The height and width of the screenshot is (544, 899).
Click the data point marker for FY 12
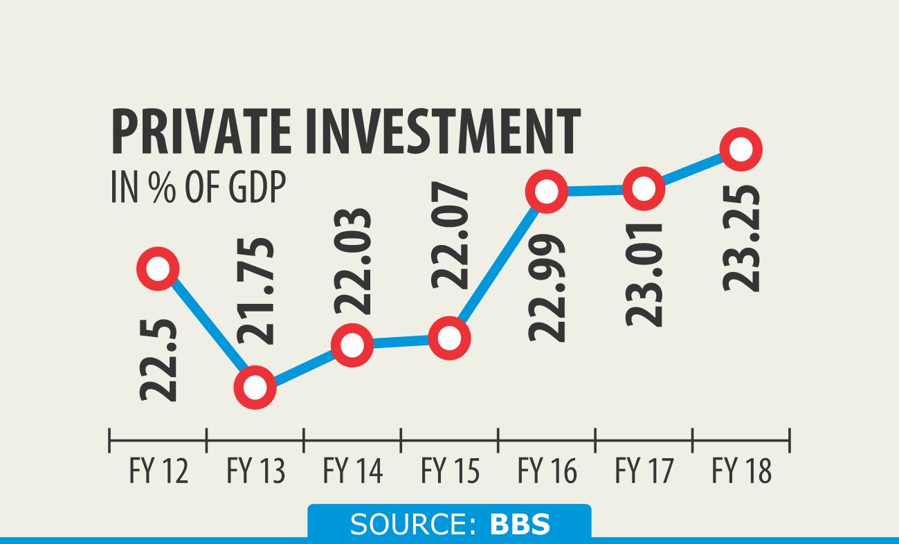[158, 269]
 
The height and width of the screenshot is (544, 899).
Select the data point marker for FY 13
[255, 388]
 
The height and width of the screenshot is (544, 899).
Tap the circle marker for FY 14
[352, 344]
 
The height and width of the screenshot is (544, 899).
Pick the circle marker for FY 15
[449, 338]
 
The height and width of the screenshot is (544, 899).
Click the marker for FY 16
[546, 190]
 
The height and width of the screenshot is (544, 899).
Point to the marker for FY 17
[644, 188]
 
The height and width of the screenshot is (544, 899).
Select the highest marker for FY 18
[741, 149]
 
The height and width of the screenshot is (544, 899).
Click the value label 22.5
[158, 360]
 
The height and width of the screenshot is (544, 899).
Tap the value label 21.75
[255, 291]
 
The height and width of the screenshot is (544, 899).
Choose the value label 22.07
[450, 235]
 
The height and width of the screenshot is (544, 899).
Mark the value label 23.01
[644, 273]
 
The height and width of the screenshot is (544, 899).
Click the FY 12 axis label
[158, 472]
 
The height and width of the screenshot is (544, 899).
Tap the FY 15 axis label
[450, 472]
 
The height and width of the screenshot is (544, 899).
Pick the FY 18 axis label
[741, 472]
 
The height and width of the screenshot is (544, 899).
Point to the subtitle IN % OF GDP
[198, 188]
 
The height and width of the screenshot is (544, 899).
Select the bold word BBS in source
[520, 525]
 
